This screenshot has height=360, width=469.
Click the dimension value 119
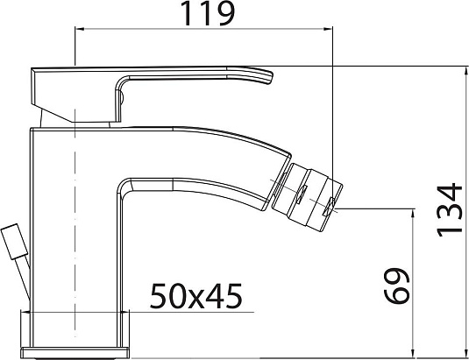208,13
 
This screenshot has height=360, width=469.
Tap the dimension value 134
450,209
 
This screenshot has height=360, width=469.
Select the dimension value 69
396,286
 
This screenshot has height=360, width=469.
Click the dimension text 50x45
195,296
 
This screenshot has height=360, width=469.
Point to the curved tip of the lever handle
270,77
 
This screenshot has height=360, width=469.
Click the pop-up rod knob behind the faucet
15,242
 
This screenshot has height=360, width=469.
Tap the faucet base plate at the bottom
75,352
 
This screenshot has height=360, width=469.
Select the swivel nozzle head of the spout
307,196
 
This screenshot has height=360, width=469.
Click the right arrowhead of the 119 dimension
328,29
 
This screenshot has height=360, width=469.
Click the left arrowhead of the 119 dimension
80,29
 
